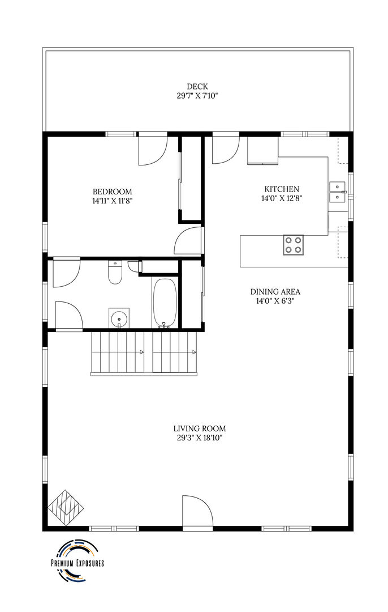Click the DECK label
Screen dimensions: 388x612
[197, 87]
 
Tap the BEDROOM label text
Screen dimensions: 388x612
[112, 192]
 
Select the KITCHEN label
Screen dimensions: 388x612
[282, 189]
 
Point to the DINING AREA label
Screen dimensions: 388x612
[275, 292]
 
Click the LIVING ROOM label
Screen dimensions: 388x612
[200, 428]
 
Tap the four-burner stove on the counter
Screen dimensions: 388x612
[293, 245]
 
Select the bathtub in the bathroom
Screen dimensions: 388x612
[165, 303]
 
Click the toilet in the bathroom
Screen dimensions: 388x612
[115, 273]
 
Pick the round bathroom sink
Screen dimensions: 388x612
[119, 319]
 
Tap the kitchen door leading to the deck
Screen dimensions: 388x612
[226, 148]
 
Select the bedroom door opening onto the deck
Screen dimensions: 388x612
[153, 149]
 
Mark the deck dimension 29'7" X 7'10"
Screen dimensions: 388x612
[197, 96]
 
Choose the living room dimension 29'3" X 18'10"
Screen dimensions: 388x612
[200, 438]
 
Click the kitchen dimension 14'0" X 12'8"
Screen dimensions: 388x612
[282, 198]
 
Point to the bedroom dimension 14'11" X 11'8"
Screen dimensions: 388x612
[112, 201]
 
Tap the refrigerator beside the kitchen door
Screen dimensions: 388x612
[262, 150]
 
